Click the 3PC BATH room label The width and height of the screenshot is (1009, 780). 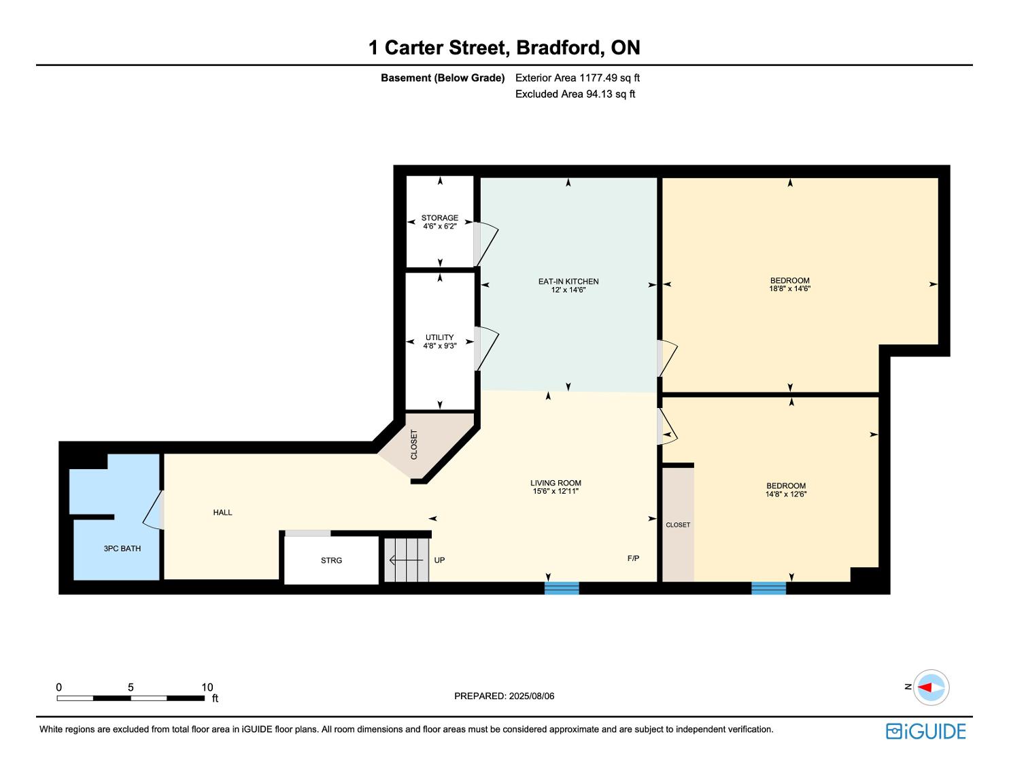pos(122,548)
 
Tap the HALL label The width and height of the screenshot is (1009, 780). pos(222,513)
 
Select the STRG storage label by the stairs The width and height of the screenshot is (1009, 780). pos(331,560)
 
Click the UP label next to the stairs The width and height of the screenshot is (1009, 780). pos(439,560)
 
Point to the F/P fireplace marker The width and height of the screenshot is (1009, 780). pos(634,558)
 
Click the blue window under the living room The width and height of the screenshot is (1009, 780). pos(562,588)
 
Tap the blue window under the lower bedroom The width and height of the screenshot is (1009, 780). pos(768,588)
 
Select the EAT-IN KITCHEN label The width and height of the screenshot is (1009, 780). pos(568,282)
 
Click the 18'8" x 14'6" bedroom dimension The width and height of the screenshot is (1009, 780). pos(789,288)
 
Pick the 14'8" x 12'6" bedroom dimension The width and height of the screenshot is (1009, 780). pos(786,494)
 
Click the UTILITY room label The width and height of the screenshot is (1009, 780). pos(440,337)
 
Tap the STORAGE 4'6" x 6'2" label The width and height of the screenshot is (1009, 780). pos(440,222)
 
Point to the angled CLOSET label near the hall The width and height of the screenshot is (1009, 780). pos(414,444)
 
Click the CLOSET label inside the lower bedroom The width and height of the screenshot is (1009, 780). pos(678,524)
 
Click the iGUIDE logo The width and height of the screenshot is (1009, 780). pos(926,731)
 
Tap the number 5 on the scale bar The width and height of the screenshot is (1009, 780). pos(131,687)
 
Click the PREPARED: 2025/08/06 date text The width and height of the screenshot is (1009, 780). pos(504,696)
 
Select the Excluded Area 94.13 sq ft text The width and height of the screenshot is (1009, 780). pos(575,94)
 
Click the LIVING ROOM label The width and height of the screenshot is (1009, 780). pos(555,483)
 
